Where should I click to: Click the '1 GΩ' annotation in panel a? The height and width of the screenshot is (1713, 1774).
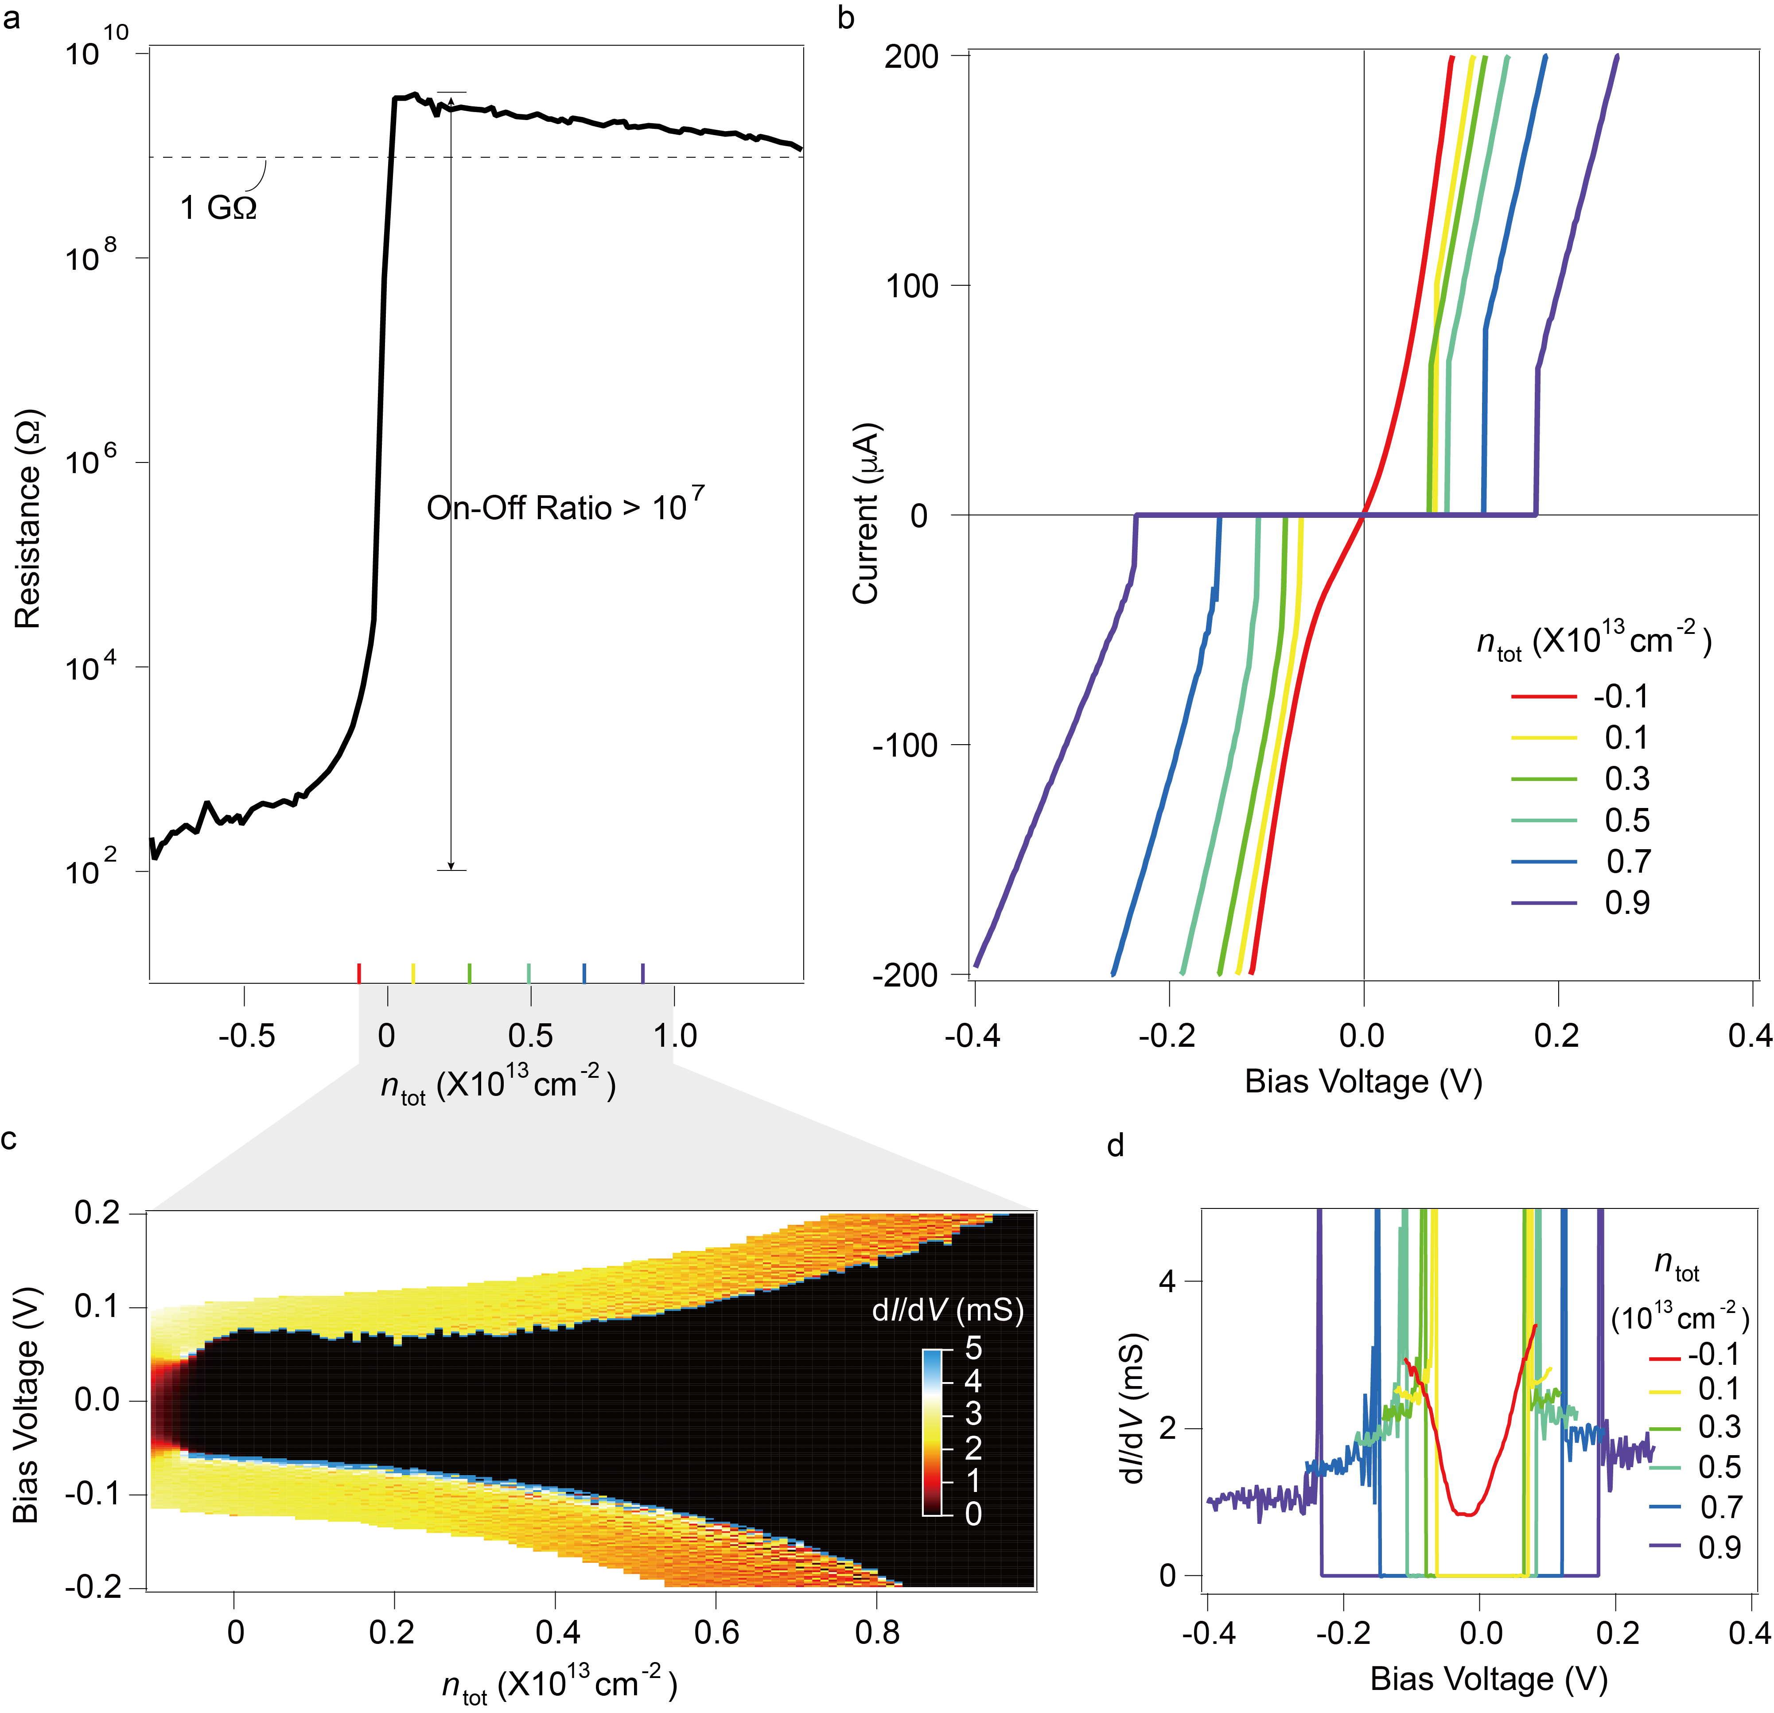[x=218, y=208]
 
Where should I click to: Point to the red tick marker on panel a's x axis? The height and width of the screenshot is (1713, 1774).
[x=359, y=973]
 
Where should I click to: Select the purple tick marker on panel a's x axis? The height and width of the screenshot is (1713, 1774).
[x=642, y=973]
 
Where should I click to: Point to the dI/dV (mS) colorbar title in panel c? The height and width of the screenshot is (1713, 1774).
[x=948, y=1310]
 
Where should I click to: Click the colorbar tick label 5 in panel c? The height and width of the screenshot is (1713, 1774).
[x=973, y=1348]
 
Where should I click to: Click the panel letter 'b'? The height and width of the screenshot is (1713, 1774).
[x=846, y=18]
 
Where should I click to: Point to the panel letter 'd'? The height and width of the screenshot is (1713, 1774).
[x=1115, y=1146]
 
